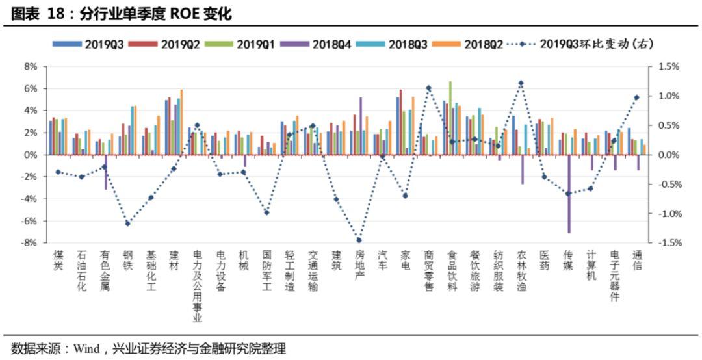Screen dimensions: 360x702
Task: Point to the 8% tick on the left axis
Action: tap(31, 66)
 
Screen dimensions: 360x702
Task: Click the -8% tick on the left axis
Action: tap(29, 243)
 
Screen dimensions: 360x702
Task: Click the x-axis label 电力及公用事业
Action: tap(197, 287)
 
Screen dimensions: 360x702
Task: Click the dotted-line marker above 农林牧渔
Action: tap(521, 83)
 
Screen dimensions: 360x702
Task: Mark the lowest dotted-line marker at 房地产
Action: tap(359, 240)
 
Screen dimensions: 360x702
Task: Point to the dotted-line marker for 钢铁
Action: tap(128, 224)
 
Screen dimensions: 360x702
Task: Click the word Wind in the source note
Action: tap(86, 349)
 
